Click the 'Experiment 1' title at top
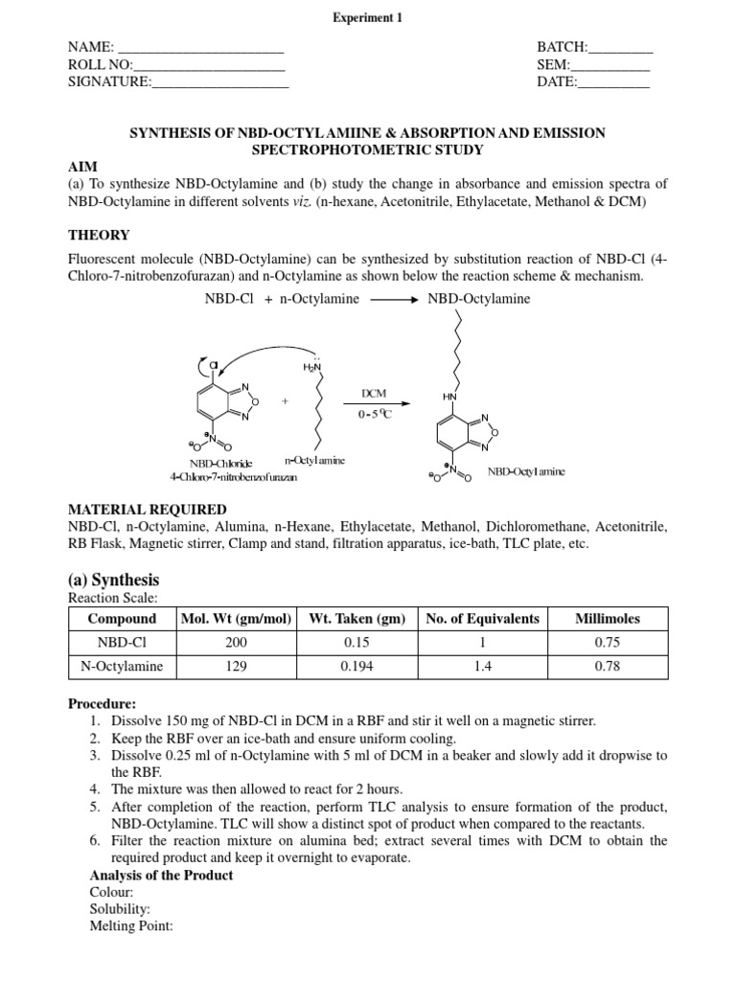[368, 17]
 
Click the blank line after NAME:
[200, 48]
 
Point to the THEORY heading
[99, 235]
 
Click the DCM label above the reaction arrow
[374, 394]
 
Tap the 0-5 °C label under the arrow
[374, 415]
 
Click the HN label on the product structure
[449, 396]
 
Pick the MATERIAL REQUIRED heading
[147, 510]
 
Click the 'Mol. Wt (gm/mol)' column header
[236, 619]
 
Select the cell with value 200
[236, 643]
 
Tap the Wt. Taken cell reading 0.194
[358, 667]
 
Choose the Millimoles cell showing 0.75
[607, 643]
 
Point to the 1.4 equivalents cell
[481, 667]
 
